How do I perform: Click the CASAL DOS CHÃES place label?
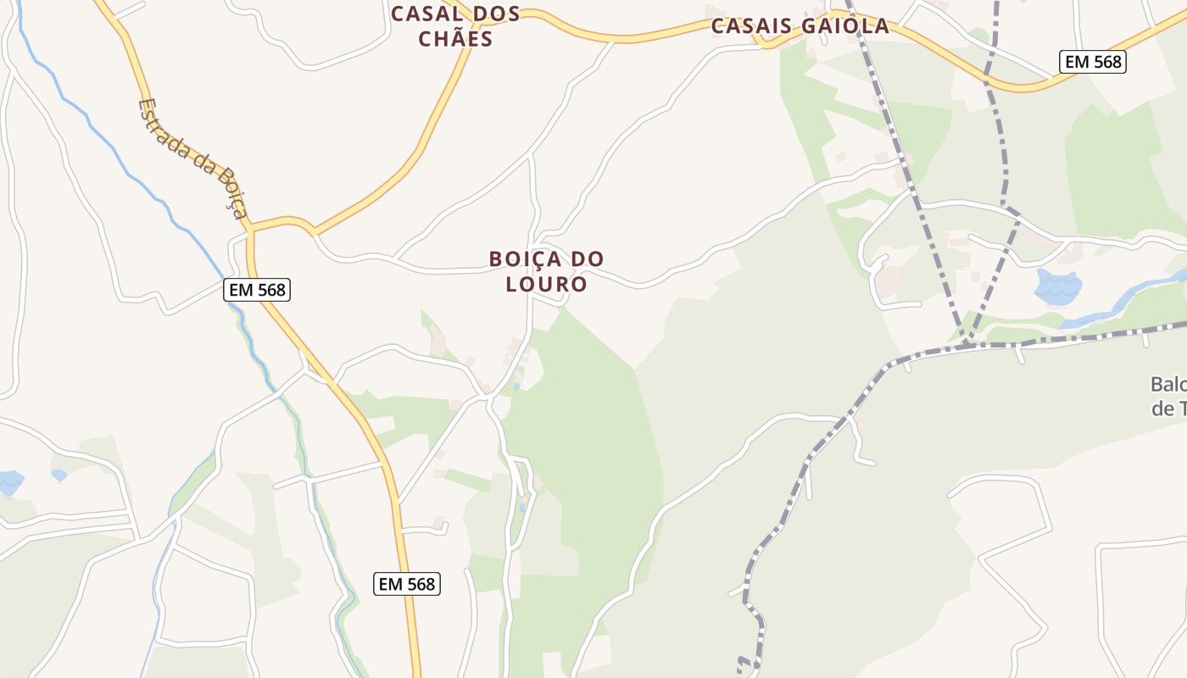454,26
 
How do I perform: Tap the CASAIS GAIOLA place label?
800,26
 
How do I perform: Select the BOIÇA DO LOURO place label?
546,271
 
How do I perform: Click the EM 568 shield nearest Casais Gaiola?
1092,61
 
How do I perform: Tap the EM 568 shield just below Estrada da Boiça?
258,290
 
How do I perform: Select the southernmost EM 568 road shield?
407,584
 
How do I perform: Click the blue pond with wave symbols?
1057,287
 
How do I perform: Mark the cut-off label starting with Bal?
1168,396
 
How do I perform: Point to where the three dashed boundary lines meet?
965,344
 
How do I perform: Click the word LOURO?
546,284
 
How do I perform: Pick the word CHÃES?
454,39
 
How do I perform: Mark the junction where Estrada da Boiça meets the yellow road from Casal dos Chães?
251,228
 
